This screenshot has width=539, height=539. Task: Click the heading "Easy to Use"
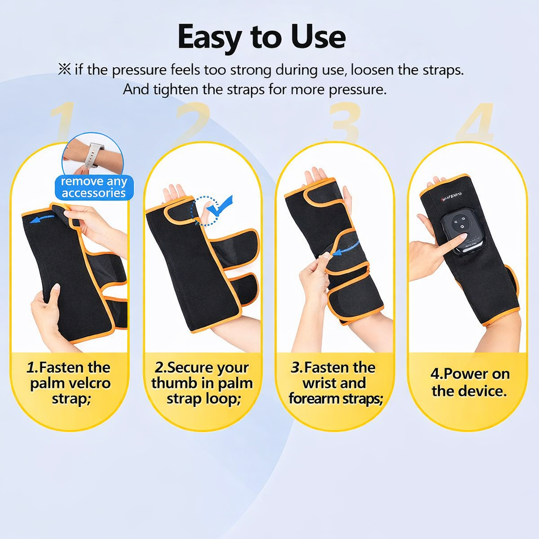(262, 37)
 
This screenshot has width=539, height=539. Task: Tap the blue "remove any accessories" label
(93, 187)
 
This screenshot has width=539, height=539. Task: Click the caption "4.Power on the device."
(470, 383)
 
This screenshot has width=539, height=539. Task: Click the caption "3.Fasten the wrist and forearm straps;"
(335, 383)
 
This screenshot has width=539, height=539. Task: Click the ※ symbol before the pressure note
(64, 69)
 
